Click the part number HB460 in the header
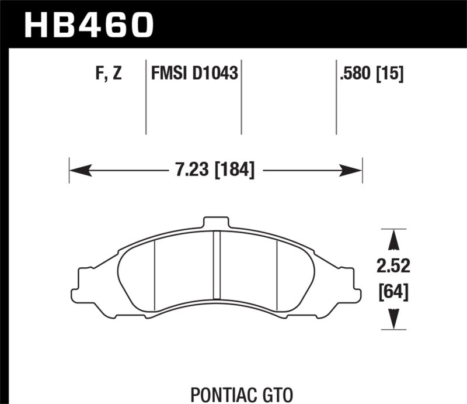88,25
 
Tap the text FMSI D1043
193,74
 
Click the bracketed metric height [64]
393,291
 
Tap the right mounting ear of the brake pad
350,282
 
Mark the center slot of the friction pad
215,269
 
